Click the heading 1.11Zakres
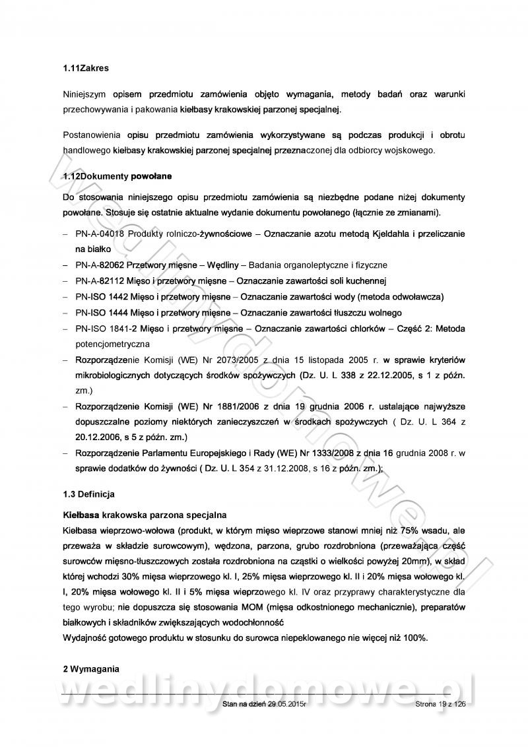pos(86,67)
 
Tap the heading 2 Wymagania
pos(91,669)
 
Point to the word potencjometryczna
pos(113,344)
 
